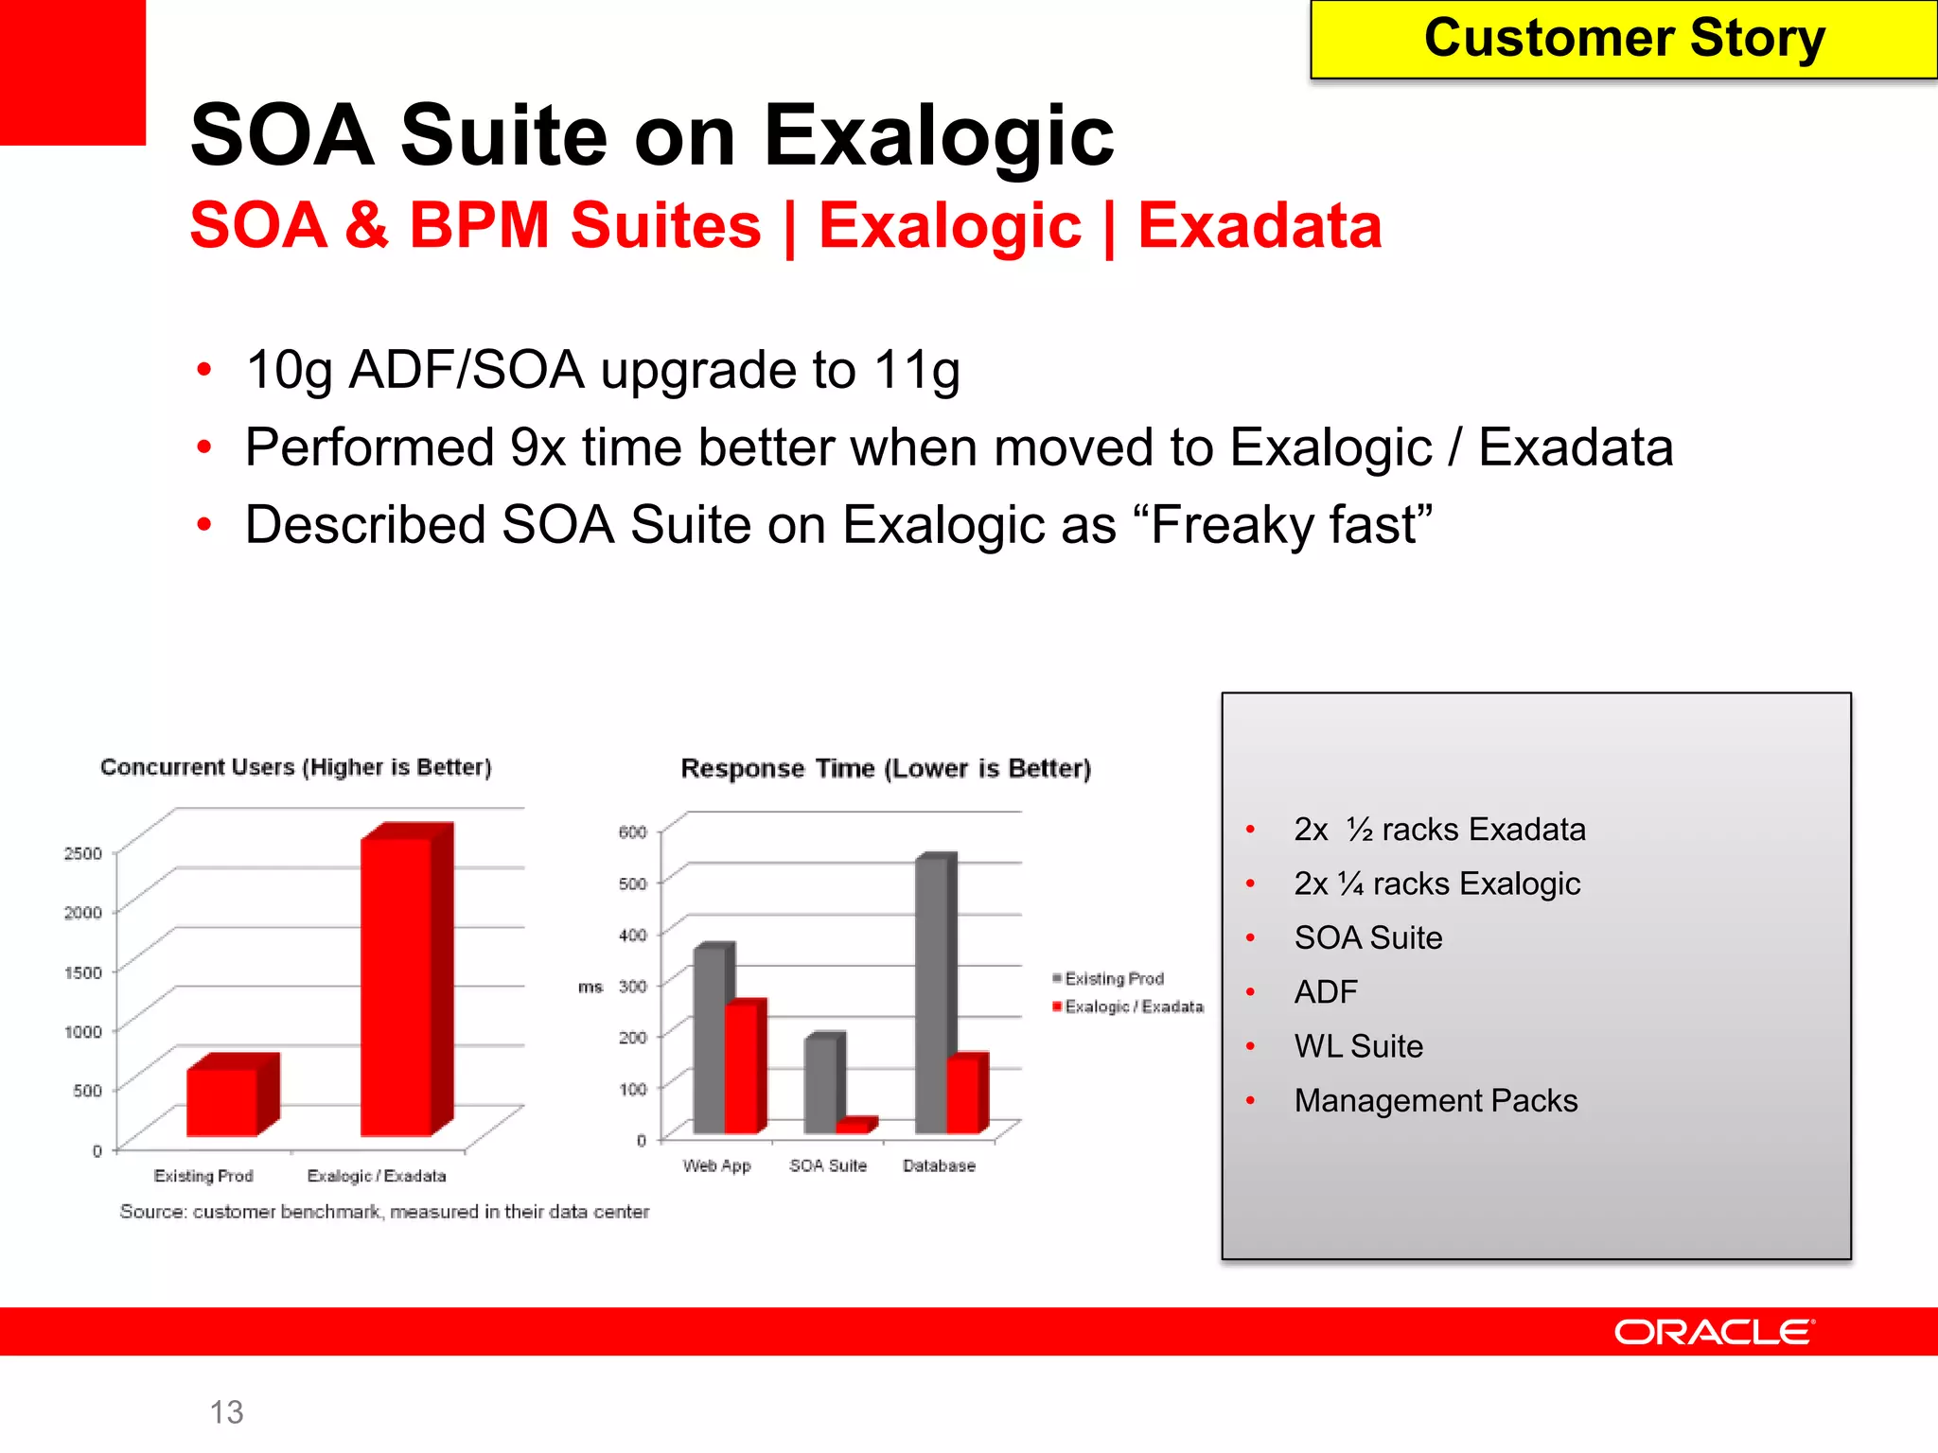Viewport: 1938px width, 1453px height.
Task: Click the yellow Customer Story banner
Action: click(1623, 40)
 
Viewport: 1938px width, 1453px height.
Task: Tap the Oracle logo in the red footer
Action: click(1714, 1332)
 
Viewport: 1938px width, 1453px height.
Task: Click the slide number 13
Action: click(226, 1411)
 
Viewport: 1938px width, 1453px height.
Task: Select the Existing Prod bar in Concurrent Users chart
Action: click(222, 1101)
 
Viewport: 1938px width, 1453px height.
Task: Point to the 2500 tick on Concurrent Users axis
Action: click(82, 853)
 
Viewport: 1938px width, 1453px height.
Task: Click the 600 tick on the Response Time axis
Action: click(632, 832)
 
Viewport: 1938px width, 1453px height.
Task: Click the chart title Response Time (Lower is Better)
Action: click(886, 768)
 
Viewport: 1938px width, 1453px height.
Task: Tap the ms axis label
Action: click(590, 987)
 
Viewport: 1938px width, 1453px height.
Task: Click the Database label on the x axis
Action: click(939, 1165)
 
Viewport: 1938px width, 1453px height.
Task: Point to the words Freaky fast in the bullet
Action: click(1291, 525)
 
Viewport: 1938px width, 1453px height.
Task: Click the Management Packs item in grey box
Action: click(1436, 1100)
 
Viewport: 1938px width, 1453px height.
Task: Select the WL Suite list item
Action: click(1358, 1046)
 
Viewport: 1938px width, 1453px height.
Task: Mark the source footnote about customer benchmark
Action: click(384, 1212)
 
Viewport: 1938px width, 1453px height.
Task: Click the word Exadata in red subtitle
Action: click(1259, 226)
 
